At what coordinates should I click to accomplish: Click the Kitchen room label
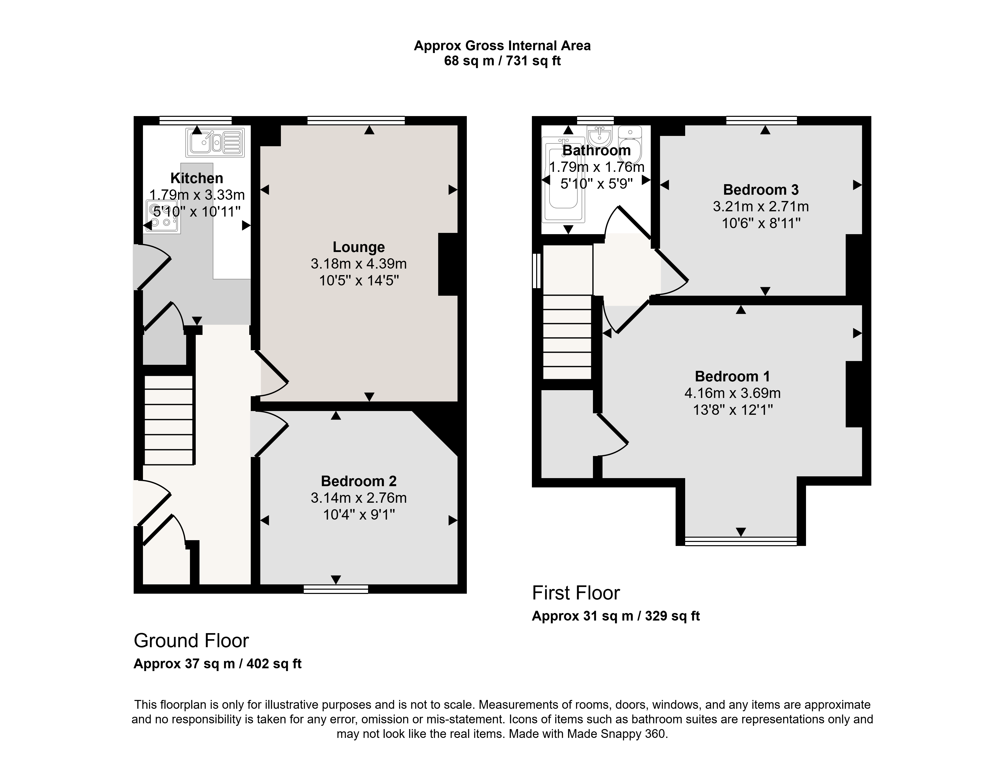pos(197,178)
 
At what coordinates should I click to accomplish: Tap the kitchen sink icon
pos(215,142)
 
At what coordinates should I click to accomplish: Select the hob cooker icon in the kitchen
pos(162,216)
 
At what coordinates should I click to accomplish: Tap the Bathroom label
pos(596,150)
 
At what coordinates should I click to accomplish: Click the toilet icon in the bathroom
pos(630,144)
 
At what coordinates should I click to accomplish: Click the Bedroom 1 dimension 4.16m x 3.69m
pos(732,393)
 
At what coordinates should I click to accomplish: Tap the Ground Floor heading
pos(191,640)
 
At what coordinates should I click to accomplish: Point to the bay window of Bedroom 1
pos(741,541)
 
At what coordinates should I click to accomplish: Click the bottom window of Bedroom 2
pos(336,589)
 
